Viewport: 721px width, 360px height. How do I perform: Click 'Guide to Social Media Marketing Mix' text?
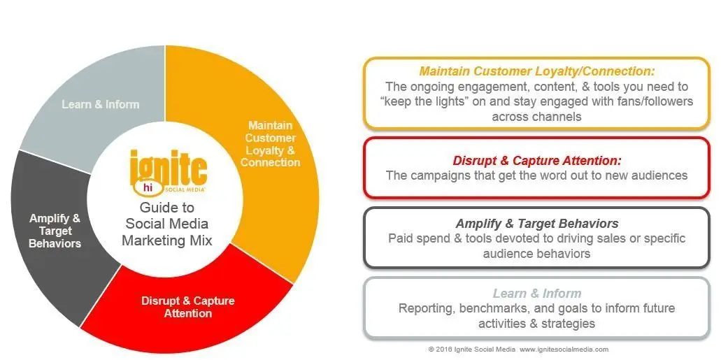[167, 224]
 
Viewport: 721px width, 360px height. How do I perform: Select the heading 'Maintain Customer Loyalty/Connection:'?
[536, 71]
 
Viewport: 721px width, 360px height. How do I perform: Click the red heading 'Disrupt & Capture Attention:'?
[536, 161]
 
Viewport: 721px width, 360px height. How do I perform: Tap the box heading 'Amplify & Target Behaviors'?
[536, 224]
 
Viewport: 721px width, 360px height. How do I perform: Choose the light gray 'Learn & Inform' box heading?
[536, 294]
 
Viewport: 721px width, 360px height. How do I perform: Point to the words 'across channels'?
[536, 116]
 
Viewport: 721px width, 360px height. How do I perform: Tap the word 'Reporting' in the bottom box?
[427, 308]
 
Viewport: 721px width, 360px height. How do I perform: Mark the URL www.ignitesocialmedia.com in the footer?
[564, 350]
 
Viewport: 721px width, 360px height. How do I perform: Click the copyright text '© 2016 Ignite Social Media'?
[472, 350]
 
